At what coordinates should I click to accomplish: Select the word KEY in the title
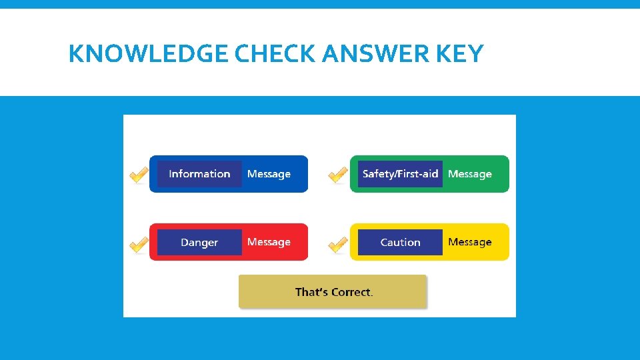[x=460, y=53]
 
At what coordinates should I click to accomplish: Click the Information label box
[x=199, y=174]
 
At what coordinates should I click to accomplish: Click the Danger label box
[x=199, y=242]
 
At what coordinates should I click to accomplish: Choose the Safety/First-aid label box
[x=400, y=174]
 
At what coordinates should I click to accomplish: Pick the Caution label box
[x=400, y=242]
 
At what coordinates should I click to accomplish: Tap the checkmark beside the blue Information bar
[x=139, y=175]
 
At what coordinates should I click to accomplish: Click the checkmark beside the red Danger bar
[x=139, y=245]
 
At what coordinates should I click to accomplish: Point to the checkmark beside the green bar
[x=338, y=175]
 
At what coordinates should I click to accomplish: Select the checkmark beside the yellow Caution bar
[x=338, y=245]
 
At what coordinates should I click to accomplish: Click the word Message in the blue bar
[x=269, y=174]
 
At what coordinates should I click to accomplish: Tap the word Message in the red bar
[x=269, y=242]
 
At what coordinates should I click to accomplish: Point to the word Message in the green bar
[x=470, y=174]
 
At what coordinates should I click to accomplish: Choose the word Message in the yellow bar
[x=470, y=242]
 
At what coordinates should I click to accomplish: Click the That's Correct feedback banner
[x=332, y=291]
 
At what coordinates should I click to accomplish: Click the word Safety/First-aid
[x=400, y=174]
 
